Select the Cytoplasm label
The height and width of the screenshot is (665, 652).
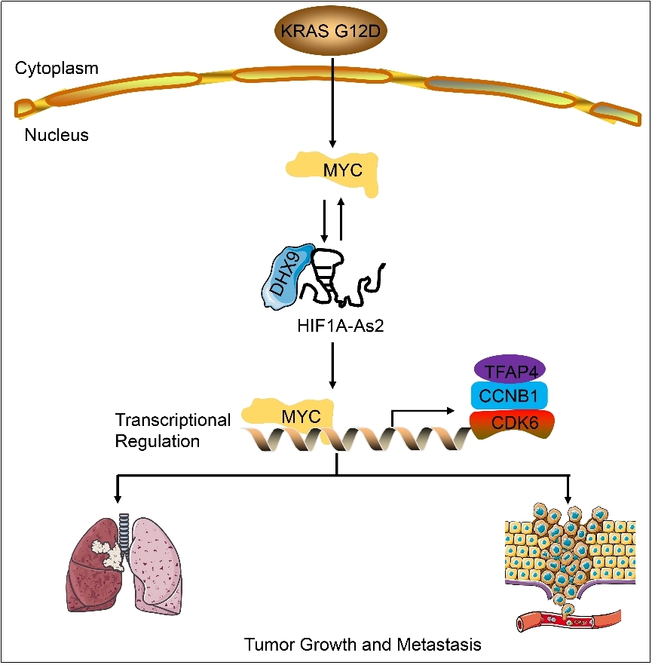57,69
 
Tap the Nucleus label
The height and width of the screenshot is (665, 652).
57,136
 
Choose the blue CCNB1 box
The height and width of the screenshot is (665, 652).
510,396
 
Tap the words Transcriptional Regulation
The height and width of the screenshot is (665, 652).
172,430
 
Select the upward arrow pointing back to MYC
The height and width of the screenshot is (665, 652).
342,219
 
